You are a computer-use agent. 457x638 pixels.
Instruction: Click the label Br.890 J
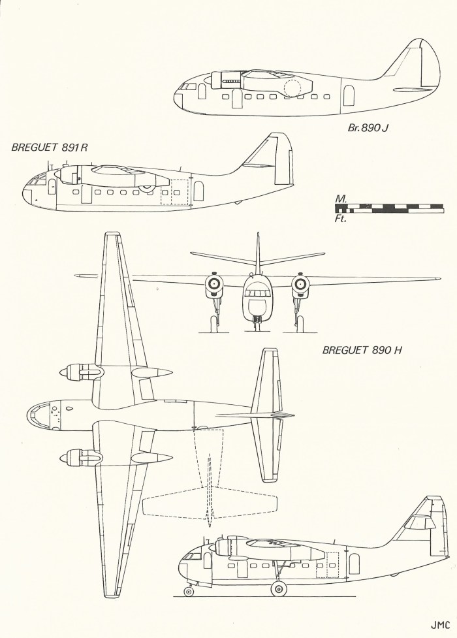(x=368, y=128)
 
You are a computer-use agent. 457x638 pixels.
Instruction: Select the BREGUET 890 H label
(x=361, y=351)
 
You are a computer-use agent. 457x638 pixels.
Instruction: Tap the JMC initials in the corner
(x=441, y=622)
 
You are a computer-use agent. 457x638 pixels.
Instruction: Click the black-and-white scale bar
(x=388, y=208)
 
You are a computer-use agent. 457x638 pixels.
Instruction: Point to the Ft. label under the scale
(x=340, y=219)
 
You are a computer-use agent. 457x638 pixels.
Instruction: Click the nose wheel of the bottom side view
(x=189, y=592)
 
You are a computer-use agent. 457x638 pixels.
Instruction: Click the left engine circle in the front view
(x=213, y=283)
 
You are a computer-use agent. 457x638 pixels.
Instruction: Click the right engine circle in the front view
(x=300, y=283)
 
